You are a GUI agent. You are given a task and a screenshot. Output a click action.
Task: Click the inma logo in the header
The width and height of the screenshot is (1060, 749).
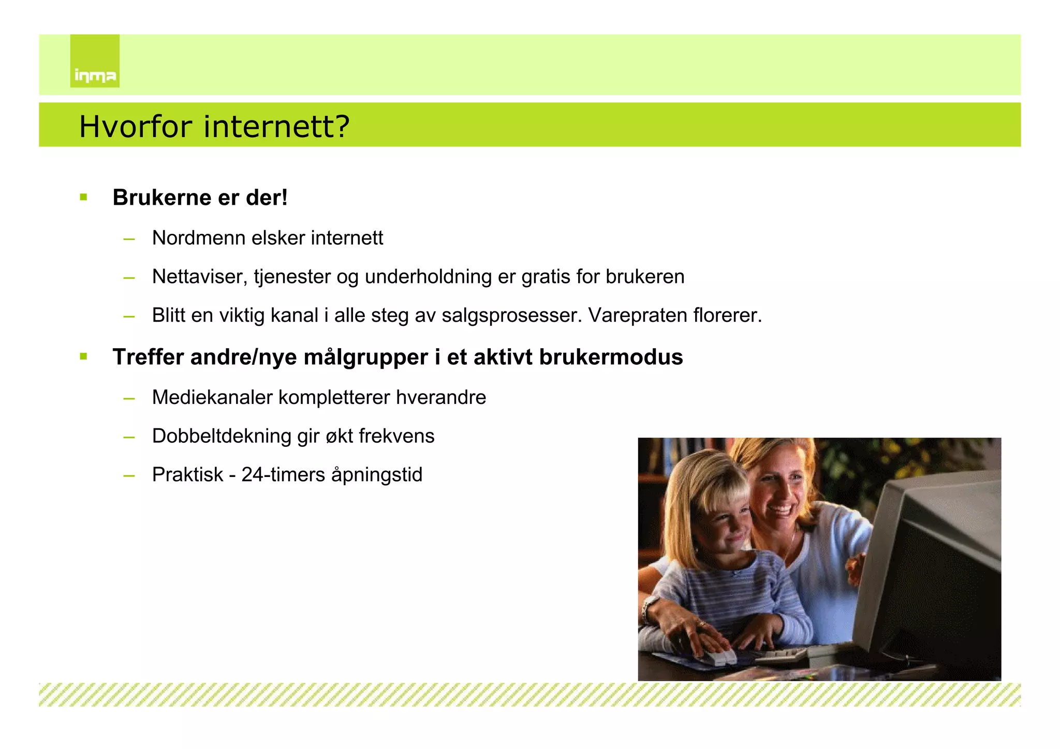click(x=95, y=61)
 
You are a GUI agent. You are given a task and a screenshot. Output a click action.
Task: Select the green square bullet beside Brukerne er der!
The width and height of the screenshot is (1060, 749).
click(x=83, y=197)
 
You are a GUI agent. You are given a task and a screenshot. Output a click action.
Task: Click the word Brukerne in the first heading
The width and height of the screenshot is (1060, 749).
click(x=155, y=198)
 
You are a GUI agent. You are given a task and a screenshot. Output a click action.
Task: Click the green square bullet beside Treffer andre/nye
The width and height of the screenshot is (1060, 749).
click(x=83, y=356)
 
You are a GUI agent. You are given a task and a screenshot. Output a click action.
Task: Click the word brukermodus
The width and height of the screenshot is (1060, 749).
click(x=611, y=357)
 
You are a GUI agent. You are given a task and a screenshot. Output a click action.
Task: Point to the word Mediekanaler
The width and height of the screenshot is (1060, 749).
click(x=212, y=397)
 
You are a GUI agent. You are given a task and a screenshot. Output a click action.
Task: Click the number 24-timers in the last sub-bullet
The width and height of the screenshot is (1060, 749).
click(x=283, y=474)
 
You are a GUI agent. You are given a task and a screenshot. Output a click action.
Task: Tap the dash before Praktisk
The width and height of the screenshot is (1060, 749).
click(x=129, y=475)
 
